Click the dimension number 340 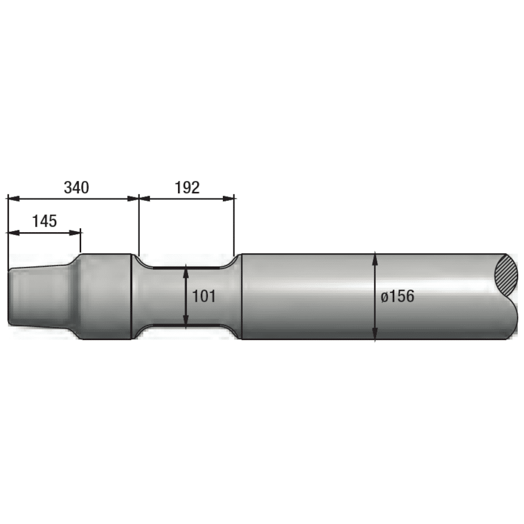76,187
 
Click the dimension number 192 187,187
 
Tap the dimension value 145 44,221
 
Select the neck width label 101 204,296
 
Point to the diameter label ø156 398,296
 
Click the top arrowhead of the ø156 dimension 376,258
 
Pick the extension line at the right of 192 235,227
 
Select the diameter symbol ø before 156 385,297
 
